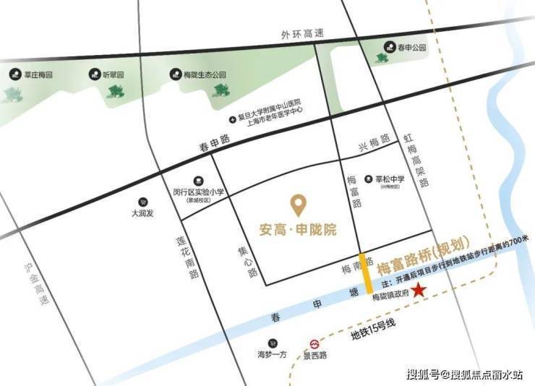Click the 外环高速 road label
point(304,34)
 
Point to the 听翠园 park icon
point(95,74)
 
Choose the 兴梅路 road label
point(374,143)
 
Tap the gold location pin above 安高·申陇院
point(297,205)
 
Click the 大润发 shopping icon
point(142,202)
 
